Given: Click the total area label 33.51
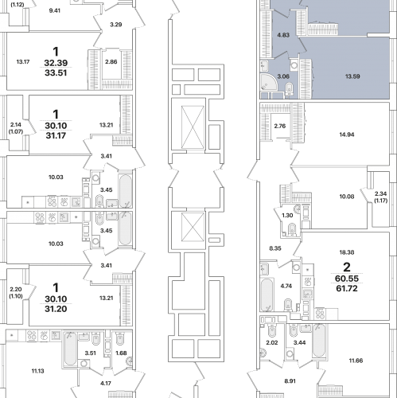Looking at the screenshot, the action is pos(56,72).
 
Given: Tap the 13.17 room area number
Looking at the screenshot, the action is pos(23,62).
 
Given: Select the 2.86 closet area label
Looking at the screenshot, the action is pos(111,62).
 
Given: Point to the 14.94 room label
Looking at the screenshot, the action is pos(347,135).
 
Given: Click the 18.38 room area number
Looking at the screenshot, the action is pos(347,252).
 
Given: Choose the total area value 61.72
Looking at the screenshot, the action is pos(347,288).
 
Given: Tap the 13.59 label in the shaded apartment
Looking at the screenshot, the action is pos(352,76).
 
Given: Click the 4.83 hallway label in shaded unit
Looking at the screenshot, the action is pos(283,35).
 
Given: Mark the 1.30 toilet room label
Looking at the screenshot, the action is pos(287,216).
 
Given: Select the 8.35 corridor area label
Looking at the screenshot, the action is pos(275,248).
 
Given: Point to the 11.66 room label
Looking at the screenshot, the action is pos(356,361).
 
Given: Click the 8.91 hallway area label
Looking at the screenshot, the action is pos(290,381).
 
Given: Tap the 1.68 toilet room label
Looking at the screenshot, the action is pos(121,353).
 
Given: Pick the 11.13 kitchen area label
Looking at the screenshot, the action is pos(37,371).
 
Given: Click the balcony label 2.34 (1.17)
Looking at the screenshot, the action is pos(380,197).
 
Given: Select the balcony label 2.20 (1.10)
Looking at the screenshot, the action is pos(16,293).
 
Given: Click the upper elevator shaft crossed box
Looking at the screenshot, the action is pos(193,127).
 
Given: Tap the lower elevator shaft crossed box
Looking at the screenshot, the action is pos(193,227).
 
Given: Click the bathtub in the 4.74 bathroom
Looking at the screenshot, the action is pos(267,295).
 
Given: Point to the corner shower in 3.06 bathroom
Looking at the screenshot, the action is pos(268,82).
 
